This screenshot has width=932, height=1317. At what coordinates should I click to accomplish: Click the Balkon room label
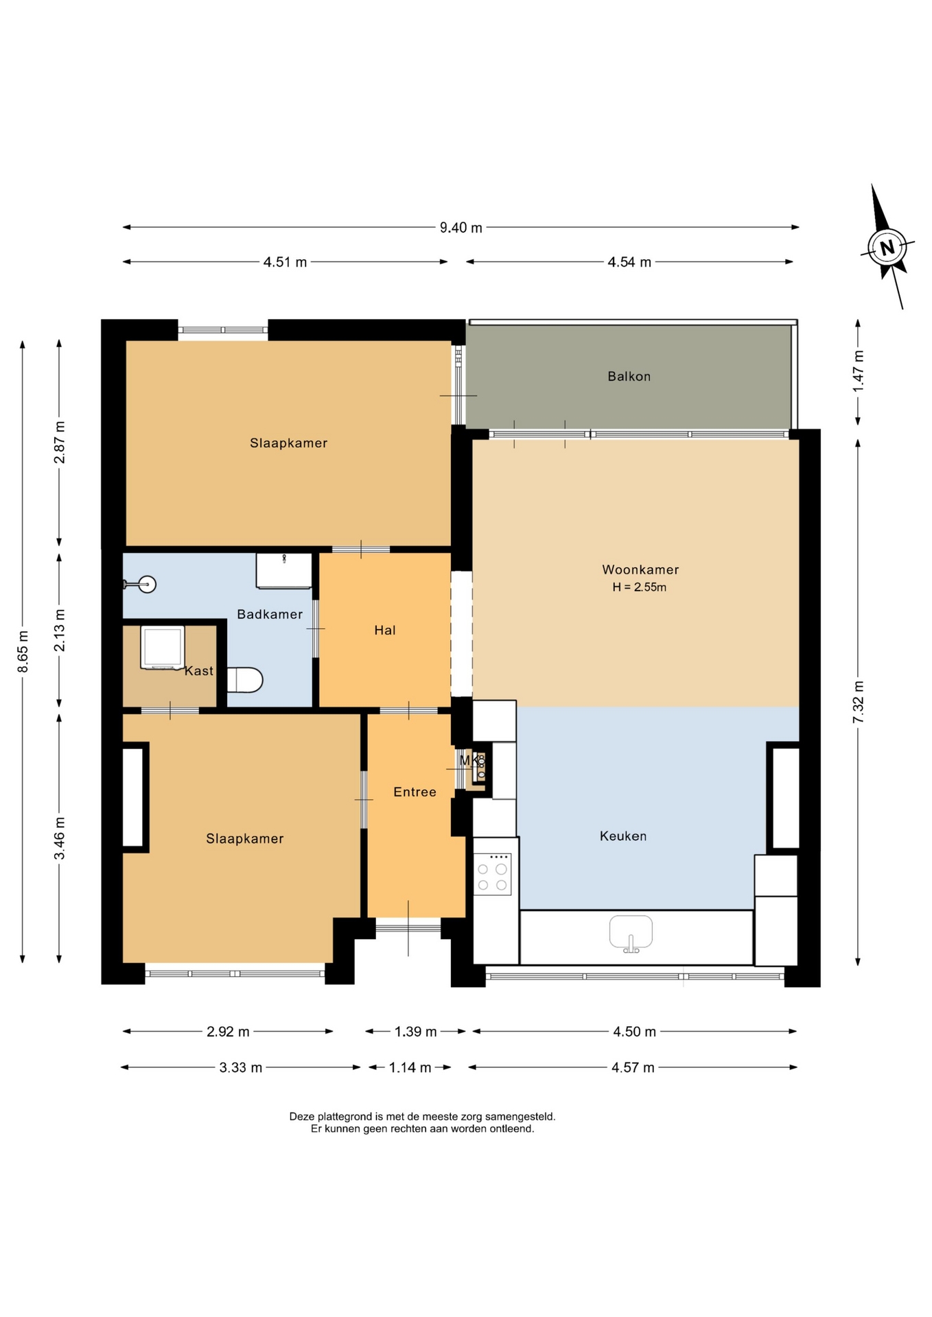click(x=629, y=376)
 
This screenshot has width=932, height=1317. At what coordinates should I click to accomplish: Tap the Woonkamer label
click(x=640, y=569)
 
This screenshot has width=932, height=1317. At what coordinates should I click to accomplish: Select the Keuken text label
click(x=623, y=835)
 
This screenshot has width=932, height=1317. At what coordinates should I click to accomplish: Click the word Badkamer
click(x=270, y=614)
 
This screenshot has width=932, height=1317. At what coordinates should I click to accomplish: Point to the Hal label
click(x=385, y=630)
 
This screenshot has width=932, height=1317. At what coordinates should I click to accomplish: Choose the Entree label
click(x=415, y=792)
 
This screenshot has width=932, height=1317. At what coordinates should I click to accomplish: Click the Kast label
click(x=199, y=671)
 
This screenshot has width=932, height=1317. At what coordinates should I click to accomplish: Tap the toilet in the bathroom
click(x=245, y=680)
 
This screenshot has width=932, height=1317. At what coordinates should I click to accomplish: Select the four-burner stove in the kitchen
click(x=492, y=874)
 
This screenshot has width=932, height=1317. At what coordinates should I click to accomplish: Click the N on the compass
click(x=887, y=248)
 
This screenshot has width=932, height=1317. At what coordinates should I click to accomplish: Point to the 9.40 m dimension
click(x=461, y=227)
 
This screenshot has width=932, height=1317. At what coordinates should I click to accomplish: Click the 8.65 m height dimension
click(x=23, y=651)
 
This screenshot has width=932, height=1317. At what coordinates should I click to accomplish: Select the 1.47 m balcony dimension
click(x=858, y=371)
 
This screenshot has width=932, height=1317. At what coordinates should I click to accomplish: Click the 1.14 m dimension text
click(x=410, y=1067)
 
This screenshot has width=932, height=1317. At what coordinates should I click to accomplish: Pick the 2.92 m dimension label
click(x=229, y=1032)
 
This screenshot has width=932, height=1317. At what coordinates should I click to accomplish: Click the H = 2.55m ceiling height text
click(x=640, y=587)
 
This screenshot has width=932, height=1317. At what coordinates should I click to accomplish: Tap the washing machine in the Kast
click(x=163, y=647)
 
